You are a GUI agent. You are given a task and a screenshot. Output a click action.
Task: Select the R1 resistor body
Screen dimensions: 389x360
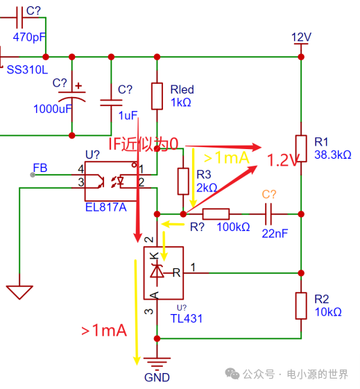301,148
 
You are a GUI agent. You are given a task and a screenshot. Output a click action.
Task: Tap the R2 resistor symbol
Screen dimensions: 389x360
301,306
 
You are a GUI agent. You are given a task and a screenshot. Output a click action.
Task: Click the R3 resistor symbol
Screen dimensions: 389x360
183,181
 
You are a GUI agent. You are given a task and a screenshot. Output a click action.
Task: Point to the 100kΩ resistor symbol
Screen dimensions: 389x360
216,214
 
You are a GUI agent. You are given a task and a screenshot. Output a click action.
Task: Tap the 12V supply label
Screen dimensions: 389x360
302,37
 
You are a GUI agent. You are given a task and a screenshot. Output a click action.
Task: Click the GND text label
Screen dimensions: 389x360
157,378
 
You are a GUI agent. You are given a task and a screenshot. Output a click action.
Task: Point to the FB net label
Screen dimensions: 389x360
40,168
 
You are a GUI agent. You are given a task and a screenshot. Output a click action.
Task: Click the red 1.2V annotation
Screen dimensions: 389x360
282,161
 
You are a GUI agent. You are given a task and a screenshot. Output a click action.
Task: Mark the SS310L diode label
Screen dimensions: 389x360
27,69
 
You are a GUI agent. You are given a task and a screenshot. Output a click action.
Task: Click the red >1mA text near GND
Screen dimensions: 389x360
104,331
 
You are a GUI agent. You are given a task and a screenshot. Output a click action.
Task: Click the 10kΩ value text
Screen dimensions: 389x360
328,312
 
